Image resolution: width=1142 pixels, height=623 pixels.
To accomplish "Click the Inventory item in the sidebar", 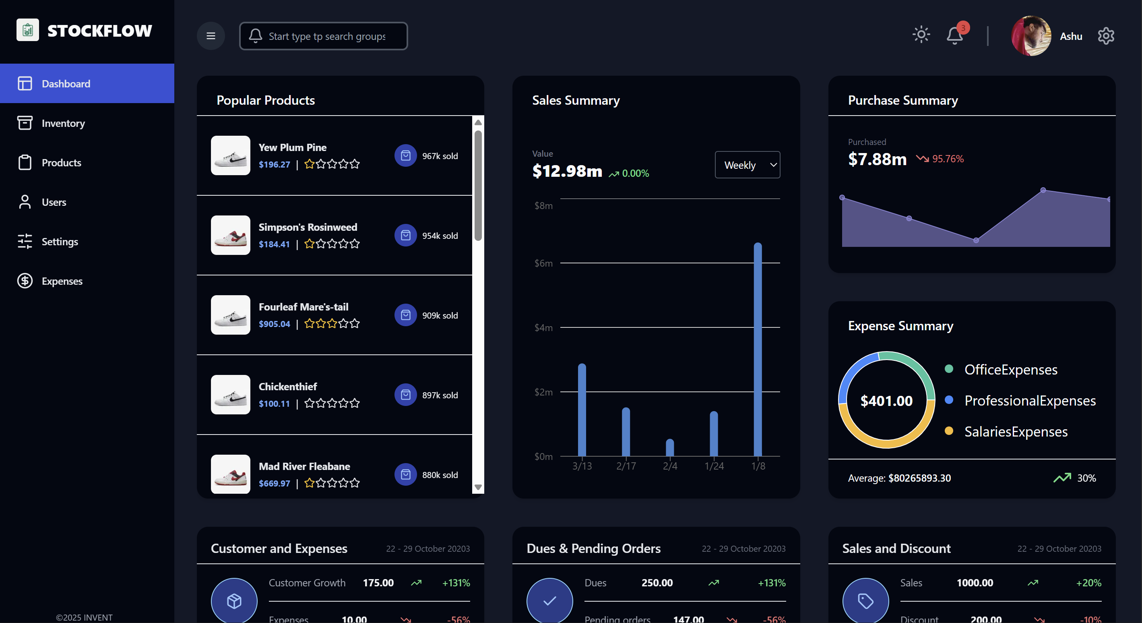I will pyautogui.click(x=63, y=123).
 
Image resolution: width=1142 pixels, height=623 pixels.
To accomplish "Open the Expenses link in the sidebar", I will pyautogui.click(x=62, y=281).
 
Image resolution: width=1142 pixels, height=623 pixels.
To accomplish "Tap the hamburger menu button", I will pyautogui.click(x=211, y=36).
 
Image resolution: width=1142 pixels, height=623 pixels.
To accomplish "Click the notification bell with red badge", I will pyautogui.click(x=955, y=35).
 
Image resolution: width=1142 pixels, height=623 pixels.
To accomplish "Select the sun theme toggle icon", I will pyautogui.click(x=921, y=35).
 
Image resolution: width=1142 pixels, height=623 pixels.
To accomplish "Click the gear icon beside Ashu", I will pyautogui.click(x=1106, y=36).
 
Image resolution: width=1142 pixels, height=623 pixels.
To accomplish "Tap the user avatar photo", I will pyautogui.click(x=1031, y=36).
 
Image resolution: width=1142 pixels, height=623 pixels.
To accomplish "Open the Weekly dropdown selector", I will pyautogui.click(x=748, y=165).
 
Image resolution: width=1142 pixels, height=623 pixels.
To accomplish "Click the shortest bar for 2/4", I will pyautogui.click(x=670, y=448).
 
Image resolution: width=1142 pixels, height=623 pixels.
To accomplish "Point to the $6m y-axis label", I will pyautogui.click(x=543, y=263).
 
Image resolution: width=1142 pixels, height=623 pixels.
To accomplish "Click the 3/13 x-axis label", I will pyautogui.click(x=582, y=466).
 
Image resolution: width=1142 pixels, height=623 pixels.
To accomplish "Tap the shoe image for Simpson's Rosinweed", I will pyautogui.click(x=231, y=236).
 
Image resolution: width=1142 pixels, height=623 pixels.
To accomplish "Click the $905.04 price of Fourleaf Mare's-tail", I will pyautogui.click(x=274, y=324).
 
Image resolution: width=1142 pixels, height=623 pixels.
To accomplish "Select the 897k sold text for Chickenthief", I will pyautogui.click(x=440, y=395).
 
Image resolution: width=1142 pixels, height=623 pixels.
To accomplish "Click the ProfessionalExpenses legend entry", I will pyautogui.click(x=1029, y=401).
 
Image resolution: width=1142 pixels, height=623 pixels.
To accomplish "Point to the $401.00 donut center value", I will pyautogui.click(x=886, y=401).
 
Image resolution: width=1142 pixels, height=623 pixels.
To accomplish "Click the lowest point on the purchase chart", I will pyautogui.click(x=976, y=240).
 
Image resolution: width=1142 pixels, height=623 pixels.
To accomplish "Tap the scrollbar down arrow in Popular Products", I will pyautogui.click(x=478, y=487).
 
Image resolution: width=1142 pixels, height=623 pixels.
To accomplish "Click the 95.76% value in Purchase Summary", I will pyautogui.click(x=948, y=159).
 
